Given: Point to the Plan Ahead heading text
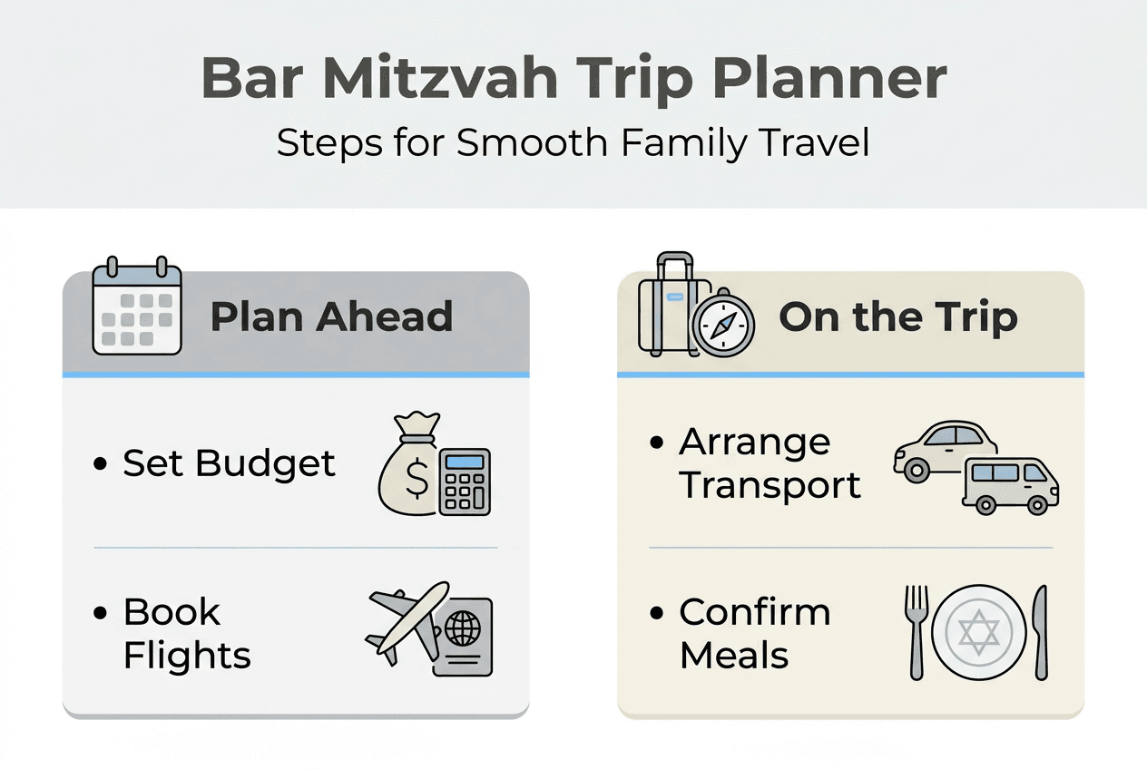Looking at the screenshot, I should [x=331, y=317].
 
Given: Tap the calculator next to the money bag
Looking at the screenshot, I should [x=464, y=482].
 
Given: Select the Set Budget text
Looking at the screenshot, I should [x=229, y=463].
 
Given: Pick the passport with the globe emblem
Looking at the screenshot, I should [x=462, y=636].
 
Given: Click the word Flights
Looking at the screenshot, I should [x=187, y=655].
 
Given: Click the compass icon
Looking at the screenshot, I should [x=722, y=325].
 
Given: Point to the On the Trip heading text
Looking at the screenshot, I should [x=897, y=317].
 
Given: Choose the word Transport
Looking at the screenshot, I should [x=770, y=485].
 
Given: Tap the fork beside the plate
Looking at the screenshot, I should [x=917, y=631].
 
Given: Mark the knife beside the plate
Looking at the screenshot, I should [x=1040, y=631].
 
